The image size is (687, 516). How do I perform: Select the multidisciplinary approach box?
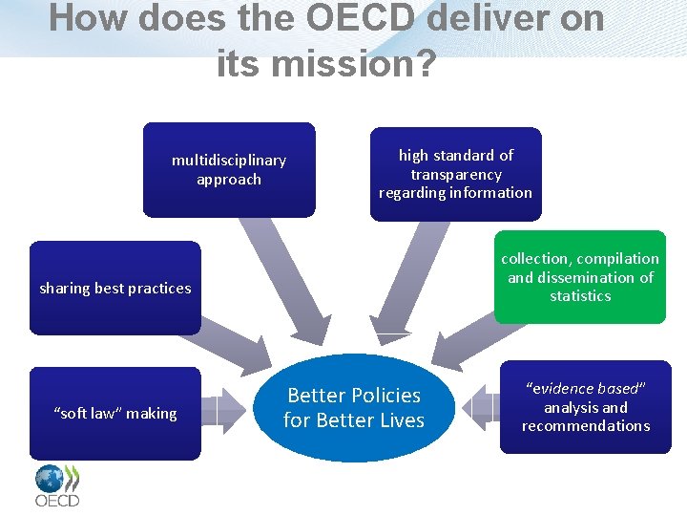[x=229, y=169]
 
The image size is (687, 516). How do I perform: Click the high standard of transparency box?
[x=455, y=174]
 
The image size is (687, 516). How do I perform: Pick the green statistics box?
[x=580, y=277]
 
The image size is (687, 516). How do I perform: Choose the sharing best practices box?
[x=114, y=288]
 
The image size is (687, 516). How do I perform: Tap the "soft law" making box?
[x=114, y=413]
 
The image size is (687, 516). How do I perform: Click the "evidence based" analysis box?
[x=586, y=407]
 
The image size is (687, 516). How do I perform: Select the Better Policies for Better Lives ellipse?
[x=354, y=408]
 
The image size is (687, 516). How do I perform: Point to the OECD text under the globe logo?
[x=57, y=500]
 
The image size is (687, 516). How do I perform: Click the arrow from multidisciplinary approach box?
[x=282, y=277]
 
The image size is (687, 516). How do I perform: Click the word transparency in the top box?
[x=456, y=174]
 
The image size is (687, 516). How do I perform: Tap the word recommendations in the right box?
[x=586, y=426]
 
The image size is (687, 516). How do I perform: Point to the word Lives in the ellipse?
[x=401, y=420]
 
